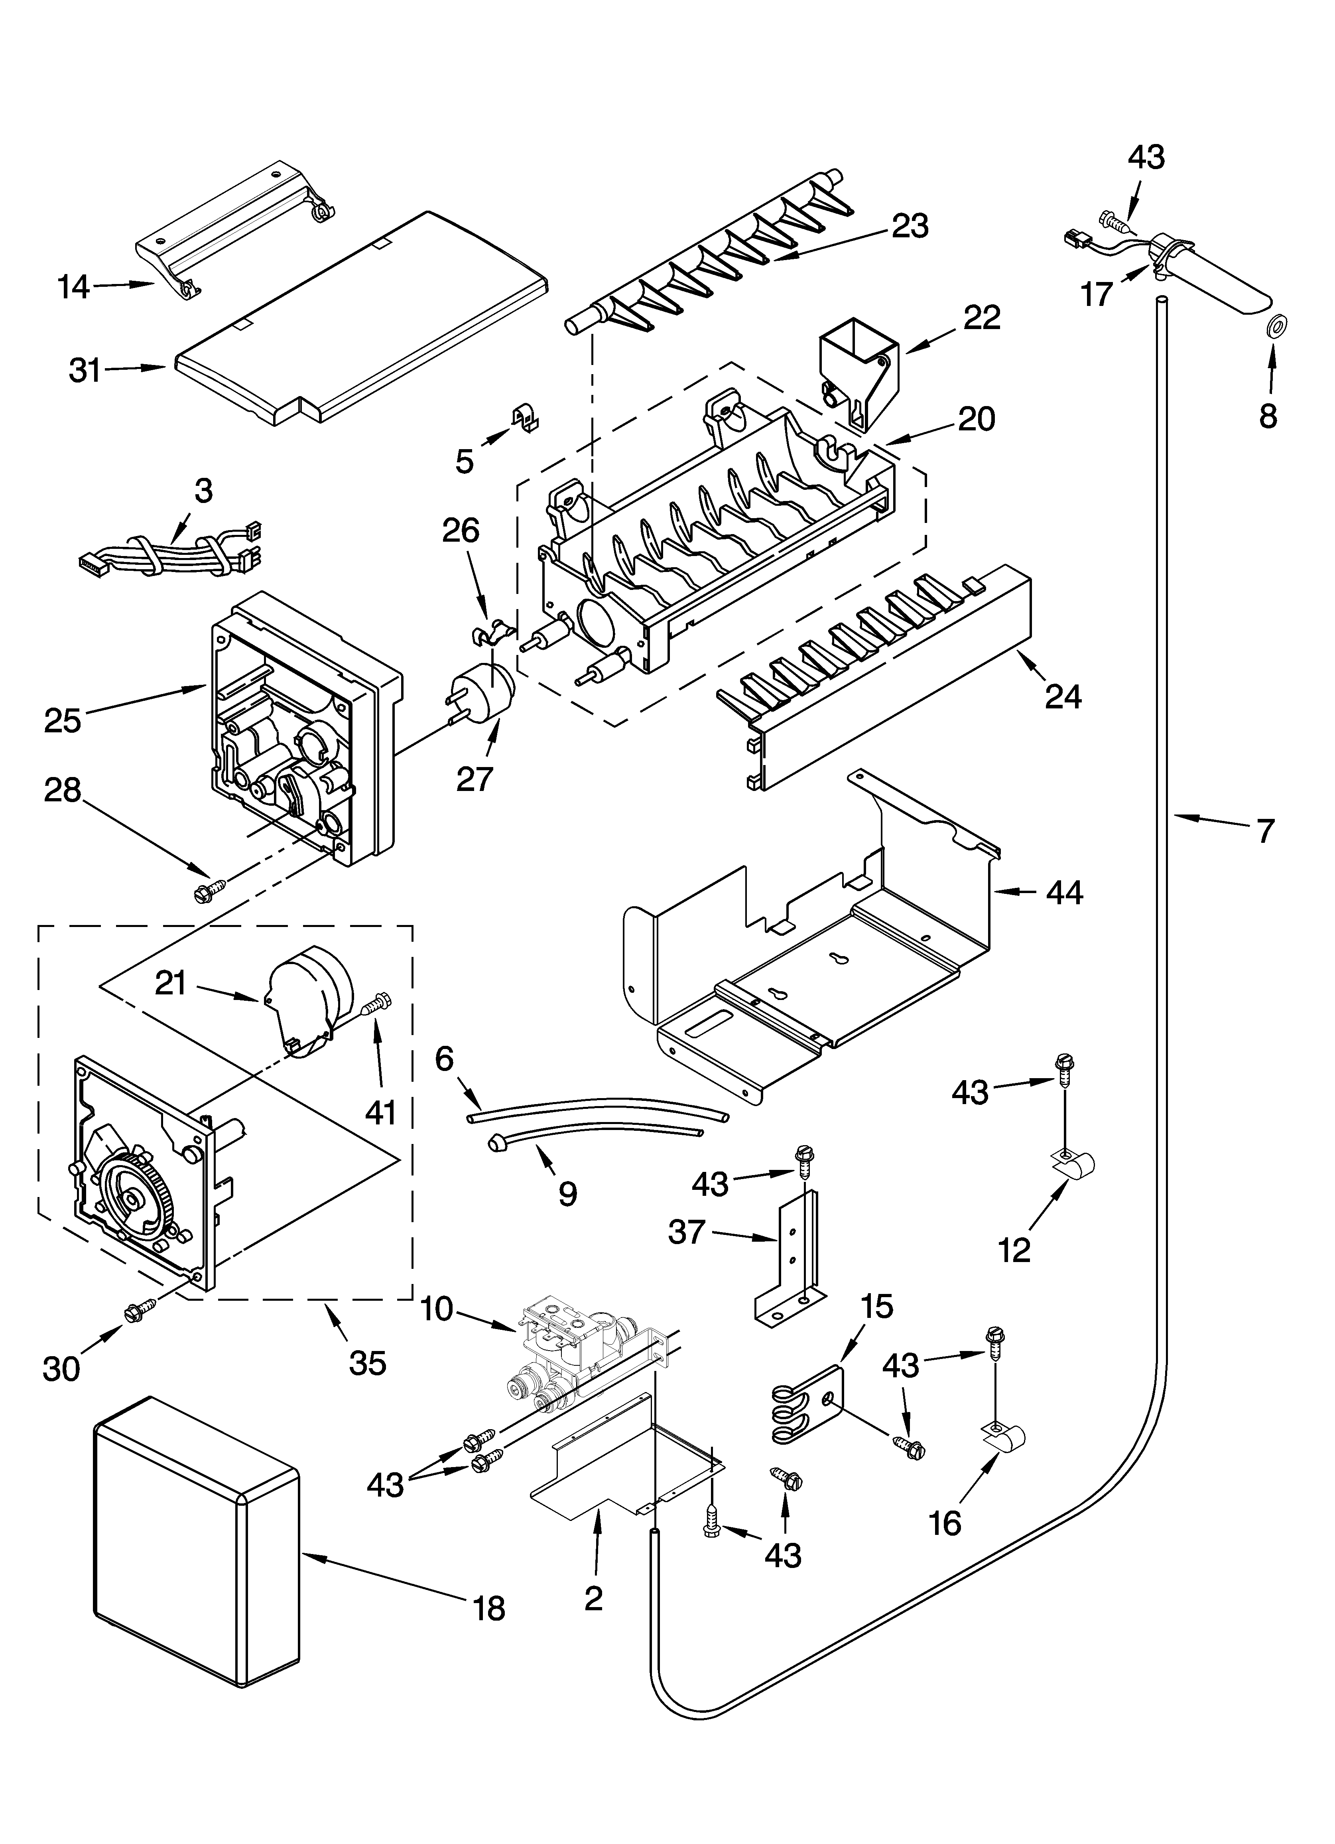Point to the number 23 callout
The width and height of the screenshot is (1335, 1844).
coord(910,226)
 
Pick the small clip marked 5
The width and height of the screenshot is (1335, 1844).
coord(527,420)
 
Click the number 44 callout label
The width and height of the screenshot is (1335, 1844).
coord(1063,893)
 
